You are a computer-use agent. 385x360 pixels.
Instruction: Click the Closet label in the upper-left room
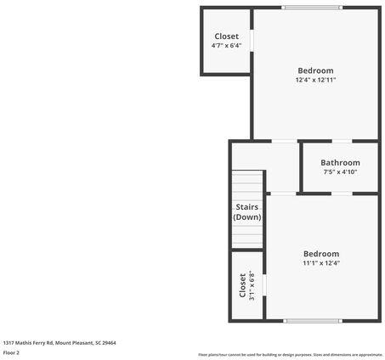pyautogui.click(x=226, y=37)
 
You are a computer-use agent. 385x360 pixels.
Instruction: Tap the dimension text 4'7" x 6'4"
pyautogui.click(x=226, y=46)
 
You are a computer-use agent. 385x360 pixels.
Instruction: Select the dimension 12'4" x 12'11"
pyautogui.click(x=315, y=80)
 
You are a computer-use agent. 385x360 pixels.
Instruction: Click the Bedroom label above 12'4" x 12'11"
pyautogui.click(x=315, y=70)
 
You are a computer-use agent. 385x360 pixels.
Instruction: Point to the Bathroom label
pyautogui.click(x=340, y=162)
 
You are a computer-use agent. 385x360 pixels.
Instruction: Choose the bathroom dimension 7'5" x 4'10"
pyautogui.click(x=340, y=172)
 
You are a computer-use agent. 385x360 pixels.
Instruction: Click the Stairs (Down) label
pyautogui.click(x=247, y=211)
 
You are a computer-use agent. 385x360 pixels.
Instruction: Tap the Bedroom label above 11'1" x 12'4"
pyautogui.click(x=321, y=254)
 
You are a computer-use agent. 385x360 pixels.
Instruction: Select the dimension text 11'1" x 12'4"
pyautogui.click(x=321, y=263)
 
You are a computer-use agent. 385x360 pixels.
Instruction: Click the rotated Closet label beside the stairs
pyautogui.click(x=242, y=285)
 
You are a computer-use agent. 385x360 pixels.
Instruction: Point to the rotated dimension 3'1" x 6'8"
pyautogui.click(x=252, y=285)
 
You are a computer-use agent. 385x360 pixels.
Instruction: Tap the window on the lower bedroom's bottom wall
pyautogui.click(x=314, y=321)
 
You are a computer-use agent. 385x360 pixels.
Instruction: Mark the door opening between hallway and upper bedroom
pyautogui.click(x=283, y=141)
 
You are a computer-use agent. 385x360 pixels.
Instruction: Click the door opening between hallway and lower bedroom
pyautogui.click(x=283, y=194)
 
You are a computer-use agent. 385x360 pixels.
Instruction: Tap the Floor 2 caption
pyautogui.click(x=11, y=352)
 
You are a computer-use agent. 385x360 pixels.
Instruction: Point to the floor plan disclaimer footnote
pyautogui.click(x=290, y=354)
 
